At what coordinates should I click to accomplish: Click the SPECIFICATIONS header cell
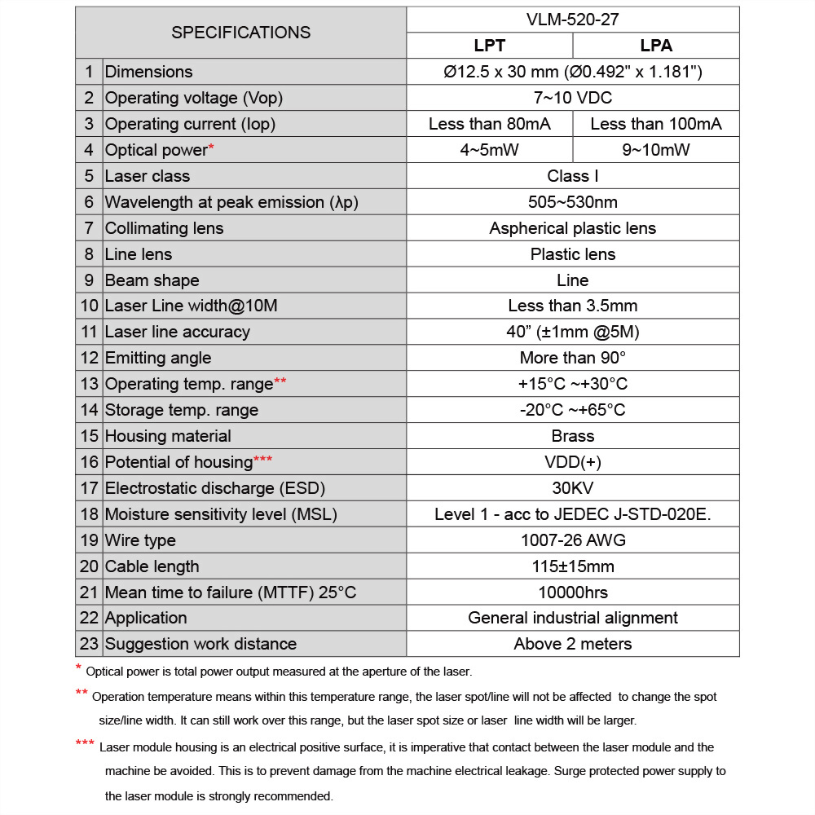[x=240, y=33]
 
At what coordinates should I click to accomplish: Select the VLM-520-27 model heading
[x=572, y=20]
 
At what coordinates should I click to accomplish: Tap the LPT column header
[x=490, y=46]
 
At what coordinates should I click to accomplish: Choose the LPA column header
[x=656, y=46]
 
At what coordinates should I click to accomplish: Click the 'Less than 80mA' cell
[x=490, y=124]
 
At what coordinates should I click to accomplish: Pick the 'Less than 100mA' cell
[x=656, y=124]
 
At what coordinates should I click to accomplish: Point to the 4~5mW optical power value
[x=490, y=150]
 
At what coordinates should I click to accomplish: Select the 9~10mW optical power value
[x=656, y=150]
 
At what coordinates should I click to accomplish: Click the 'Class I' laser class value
[x=572, y=176]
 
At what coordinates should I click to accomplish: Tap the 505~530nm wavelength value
[x=572, y=202]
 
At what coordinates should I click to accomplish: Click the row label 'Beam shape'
[x=152, y=280]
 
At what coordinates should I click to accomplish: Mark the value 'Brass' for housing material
[x=572, y=436]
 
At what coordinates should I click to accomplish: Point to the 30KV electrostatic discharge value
[x=572, y=488]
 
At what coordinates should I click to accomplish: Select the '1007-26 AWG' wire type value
[x=572, y=540]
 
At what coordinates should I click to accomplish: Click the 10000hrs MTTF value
[x=572, y=593]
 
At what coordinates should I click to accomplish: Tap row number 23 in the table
[x=89, y=644]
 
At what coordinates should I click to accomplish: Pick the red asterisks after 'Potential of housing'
[x=263, y=459]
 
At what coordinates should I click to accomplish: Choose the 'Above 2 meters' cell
[x=572, y=644]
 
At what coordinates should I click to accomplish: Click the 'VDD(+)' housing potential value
[x=572, y=462]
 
